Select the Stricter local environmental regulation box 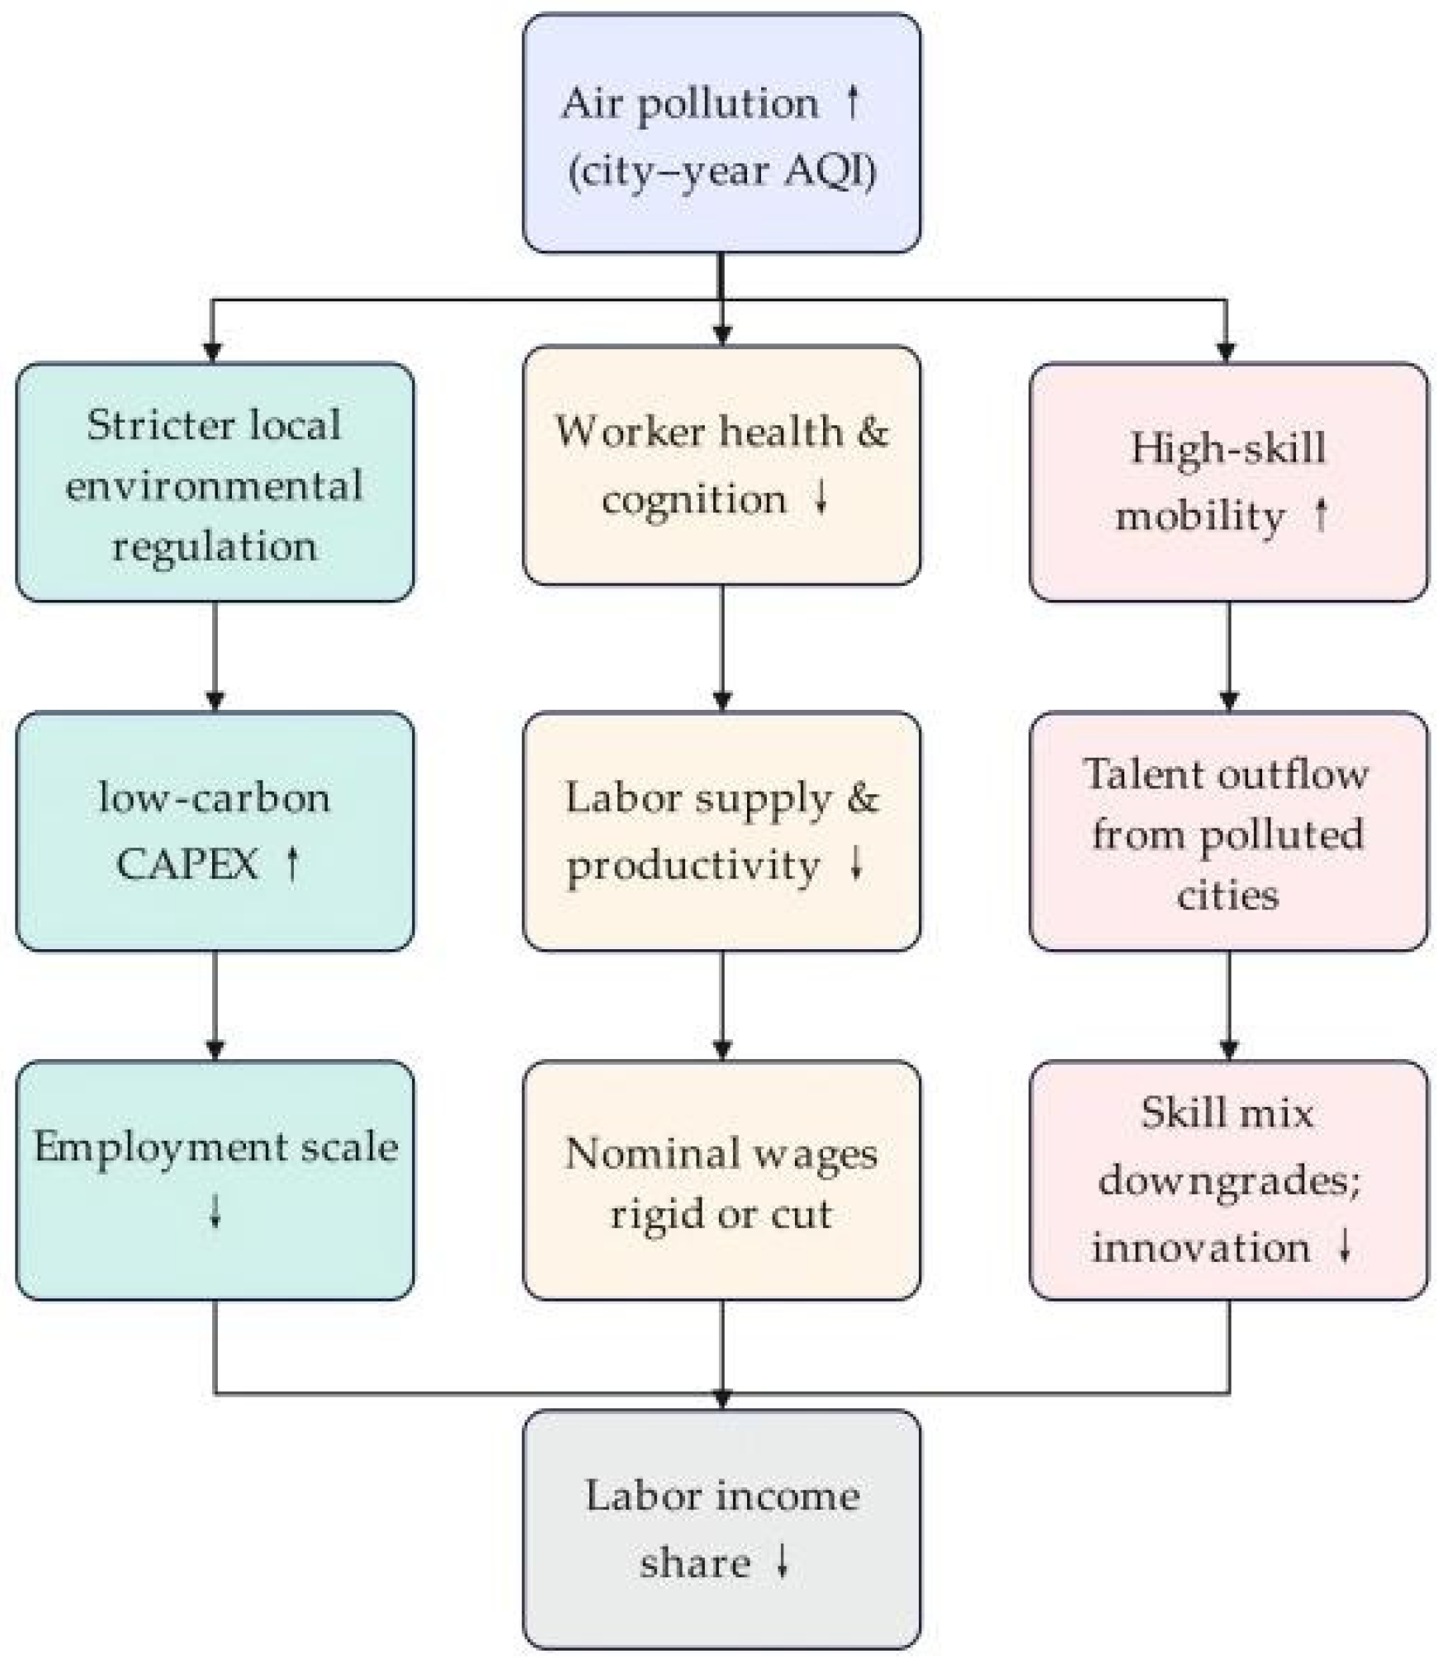coord(215,483)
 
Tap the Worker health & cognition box coord(721,466)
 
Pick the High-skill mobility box coord(1228,483)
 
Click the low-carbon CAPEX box coord(215,831)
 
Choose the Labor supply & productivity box coord(721,831)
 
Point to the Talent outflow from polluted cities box coord(1228,831)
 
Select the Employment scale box coord(215,1180)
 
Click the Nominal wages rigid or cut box coord(721,1180)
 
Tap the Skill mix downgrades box coord(1228,1180)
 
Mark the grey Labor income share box coord(721,1529)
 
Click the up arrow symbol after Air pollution coord(853,102)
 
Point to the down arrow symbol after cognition coord(821,498)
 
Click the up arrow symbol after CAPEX coord(291,863)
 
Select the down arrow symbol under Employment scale coord(215,1212)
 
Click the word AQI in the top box coord(829,172)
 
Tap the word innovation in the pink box coord(1201,1246)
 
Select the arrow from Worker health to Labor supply coord(722,649)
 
